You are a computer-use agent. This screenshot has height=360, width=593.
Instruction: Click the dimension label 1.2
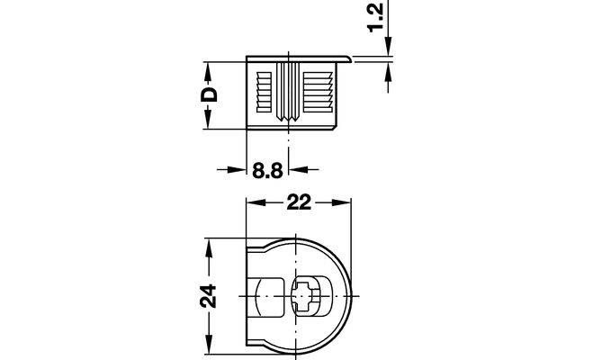(376, 18)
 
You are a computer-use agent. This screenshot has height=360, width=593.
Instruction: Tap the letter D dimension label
(209, 94)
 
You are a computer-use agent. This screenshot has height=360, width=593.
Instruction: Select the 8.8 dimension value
(267, 170)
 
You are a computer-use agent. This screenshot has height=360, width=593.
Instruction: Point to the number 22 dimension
(299, 202)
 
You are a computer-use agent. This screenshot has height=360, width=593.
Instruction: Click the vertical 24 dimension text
(208, 296)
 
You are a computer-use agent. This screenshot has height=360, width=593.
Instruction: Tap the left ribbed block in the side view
(264, 93)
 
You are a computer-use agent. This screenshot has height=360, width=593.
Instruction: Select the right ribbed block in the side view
(318, 93)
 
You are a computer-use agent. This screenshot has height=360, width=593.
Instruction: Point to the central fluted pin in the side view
(288, 92)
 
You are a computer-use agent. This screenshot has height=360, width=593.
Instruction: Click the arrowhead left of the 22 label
(256, 202)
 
